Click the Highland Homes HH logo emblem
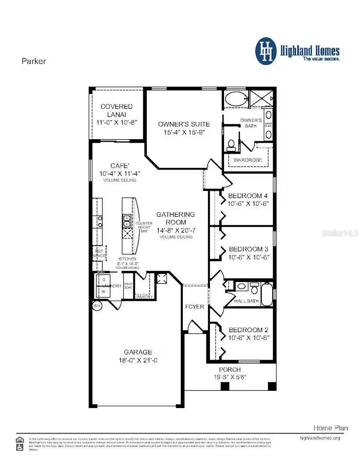coord(266,51)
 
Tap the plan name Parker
coord(34,61)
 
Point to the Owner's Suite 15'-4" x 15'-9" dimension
coord(184,132)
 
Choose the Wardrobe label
coord(248,160)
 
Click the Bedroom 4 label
coord(248,196)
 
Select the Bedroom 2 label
coord(248,330)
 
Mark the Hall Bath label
coord(246,301)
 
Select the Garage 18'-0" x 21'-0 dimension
coord(138,360)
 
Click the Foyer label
coord(194,307)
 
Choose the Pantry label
coord(144,297)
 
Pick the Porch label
coord(230,370)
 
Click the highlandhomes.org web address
coord(320,438)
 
